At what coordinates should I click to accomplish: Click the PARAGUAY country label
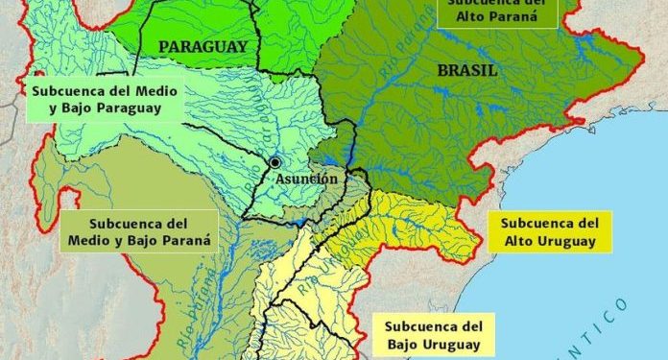(x=203, y=46)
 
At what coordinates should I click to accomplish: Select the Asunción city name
(x=305, y=179)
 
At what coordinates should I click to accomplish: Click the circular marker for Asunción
(x=276, y=162)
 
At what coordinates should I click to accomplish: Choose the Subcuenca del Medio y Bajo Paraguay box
(x=94, y=99)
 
